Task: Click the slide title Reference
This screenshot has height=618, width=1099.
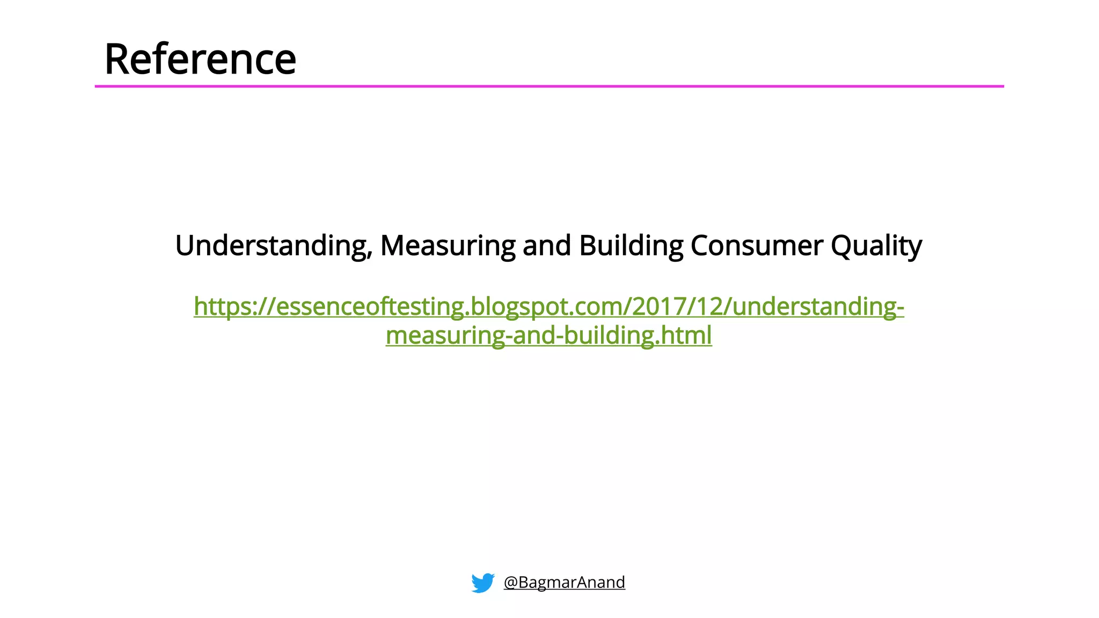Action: tap(200, 59)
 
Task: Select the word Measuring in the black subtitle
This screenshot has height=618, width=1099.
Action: tap(448, 246)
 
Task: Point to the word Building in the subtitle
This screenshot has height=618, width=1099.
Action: tap(631, 246)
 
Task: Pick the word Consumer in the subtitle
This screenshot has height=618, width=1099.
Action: tap(757, 246)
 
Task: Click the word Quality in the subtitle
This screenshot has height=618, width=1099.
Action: tap(876, 246)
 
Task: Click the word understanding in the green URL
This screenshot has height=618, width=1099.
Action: tap(814, 307)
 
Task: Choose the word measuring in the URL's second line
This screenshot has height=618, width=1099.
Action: tap(445, 336)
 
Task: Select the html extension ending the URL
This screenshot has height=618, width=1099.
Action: tap(686, 336)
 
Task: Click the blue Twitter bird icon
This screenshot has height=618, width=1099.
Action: tap(482, 583)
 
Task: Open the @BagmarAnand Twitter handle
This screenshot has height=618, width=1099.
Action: tap(564, 582)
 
